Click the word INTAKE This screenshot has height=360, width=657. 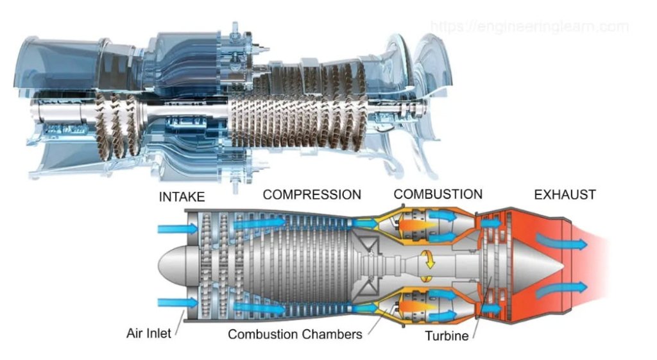(182, 197)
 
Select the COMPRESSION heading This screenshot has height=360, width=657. (312, 194)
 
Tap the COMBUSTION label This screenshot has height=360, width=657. (438, 194)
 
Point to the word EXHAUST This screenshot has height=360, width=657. (565, 194)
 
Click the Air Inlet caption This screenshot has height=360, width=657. (149, 334)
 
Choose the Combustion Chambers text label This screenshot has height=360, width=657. (295, 334)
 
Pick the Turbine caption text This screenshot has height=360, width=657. (447, 335)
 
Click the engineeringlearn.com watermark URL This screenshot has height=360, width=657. (529, 27)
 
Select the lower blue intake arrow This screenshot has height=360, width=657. (174, 302)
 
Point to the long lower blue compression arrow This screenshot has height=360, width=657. (260, 308)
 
